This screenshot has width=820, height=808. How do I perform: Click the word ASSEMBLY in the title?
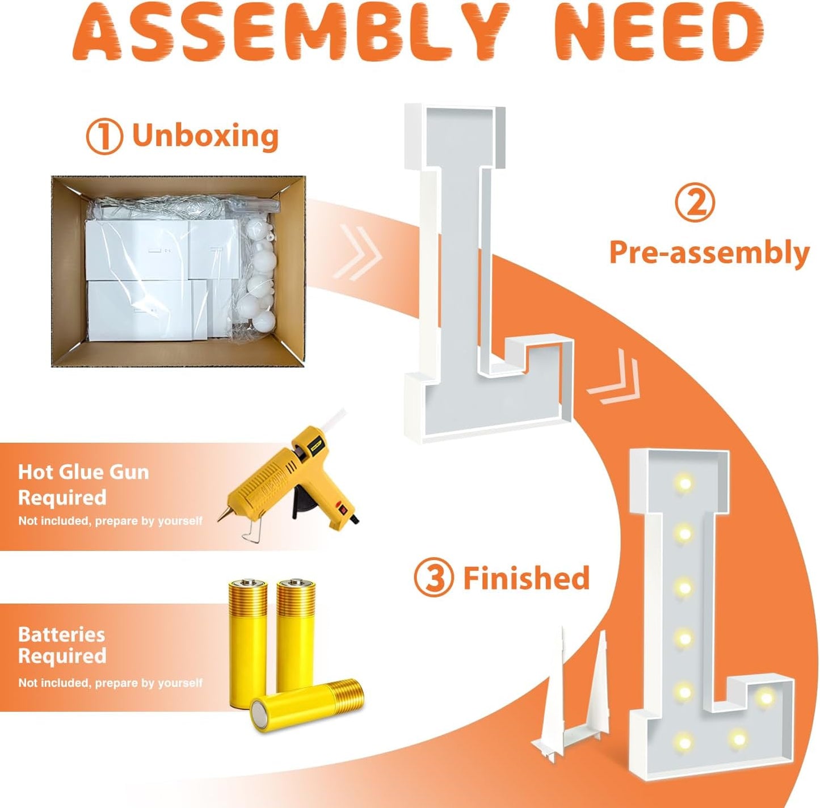pyautogui.click(x=292, y=35)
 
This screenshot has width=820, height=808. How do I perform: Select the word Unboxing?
pyautogui.click(x=205, y=135)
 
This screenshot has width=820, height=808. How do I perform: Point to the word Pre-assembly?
pyautogui.click(x=709, y=253)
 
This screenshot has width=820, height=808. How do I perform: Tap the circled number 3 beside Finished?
pyautogui.click(x=434, y=578)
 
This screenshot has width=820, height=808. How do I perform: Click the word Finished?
pyautogui.click(x=527, y=578)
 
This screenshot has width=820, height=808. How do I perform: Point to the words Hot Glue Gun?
pyautogui.click(x=83, y=472)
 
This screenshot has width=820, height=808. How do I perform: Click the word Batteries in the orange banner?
pyautogui.click(x=62, y=634)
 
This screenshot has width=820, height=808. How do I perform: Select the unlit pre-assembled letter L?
pyautogui.click(x=487, y=272)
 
